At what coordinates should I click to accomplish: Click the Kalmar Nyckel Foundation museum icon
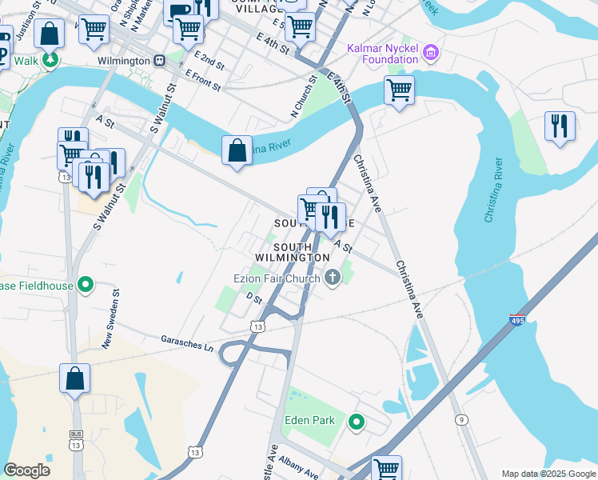432,53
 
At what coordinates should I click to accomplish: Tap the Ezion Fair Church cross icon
333,278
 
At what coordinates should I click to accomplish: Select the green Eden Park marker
357,421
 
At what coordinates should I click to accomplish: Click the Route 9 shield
461,419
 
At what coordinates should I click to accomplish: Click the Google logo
27,470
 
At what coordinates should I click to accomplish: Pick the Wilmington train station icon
159,61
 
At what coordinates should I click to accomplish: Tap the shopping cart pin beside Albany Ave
386,467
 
